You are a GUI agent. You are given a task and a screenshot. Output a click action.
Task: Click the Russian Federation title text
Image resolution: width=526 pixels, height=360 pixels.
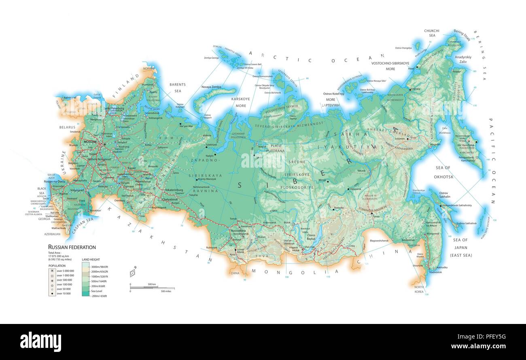point(72,247)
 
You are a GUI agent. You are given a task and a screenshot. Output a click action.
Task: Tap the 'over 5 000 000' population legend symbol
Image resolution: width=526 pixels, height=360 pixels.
point(52,271)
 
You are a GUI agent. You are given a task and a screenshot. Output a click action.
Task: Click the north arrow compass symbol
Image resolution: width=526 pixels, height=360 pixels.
point(132,273)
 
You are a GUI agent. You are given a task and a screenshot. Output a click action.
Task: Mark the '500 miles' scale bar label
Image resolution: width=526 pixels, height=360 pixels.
point(166,291)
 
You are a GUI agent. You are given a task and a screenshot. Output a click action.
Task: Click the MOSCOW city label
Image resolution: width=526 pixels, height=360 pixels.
point(90,142)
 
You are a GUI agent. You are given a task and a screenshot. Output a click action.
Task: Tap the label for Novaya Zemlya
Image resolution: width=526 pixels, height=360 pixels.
point(211,87)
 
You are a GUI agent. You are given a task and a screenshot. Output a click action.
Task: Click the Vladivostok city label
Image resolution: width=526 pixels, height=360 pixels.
point(435,272)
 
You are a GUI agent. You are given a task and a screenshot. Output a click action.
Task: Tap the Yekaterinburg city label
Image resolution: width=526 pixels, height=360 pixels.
point(174,190)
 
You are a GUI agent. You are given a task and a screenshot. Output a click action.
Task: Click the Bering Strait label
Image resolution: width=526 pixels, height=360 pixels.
point(462,32)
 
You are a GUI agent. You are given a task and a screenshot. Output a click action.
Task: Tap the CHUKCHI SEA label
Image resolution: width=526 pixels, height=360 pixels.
point(431,33)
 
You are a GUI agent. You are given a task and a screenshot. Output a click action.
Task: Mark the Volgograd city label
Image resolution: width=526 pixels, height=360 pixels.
point(76,190)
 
